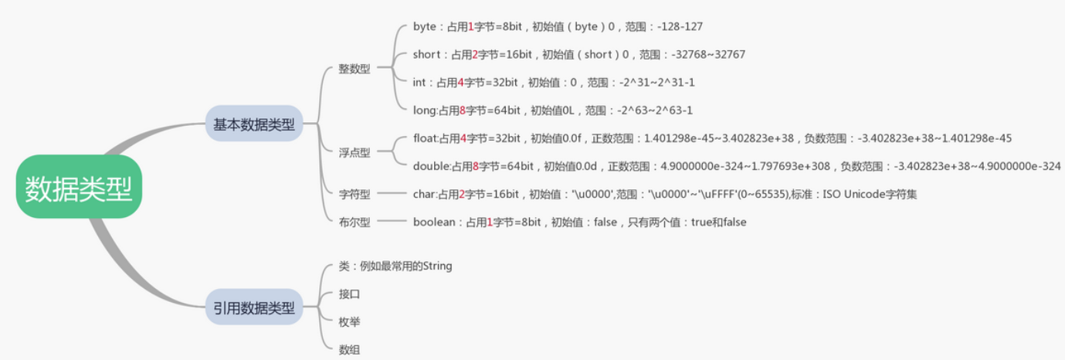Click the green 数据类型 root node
point(79,187)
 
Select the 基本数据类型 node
point(254,124)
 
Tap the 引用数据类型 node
point(254,307)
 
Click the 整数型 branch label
point(354,69)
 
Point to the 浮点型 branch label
point(354,152)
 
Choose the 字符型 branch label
point(354,194)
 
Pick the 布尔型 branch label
point(354,222)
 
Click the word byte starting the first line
point(425,27)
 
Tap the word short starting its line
point(427,55)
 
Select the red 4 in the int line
point(460,83)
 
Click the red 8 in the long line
point(462,110)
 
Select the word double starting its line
point(431,166)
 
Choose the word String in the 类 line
point(437,266)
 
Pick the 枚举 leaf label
point(349,321)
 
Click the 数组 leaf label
point(349,349)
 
